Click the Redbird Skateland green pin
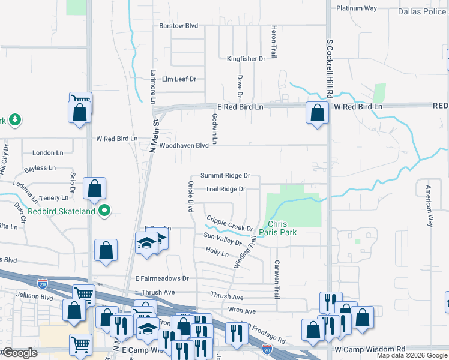[x=105, y=211]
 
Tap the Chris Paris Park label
[x=277, y=227]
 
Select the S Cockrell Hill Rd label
[x=330, y=70]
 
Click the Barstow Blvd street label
[x=178, y=26]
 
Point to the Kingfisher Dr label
[x=246, y=58]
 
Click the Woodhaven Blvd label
[x=184, y=145]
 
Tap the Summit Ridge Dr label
[x=224, y=175]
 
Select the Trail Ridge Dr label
[x=226, y=189]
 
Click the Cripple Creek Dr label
[x=230, y=224]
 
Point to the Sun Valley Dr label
[x=222, y=239]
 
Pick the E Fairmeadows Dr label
[x=162, y=278]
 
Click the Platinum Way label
[x=357, y=8]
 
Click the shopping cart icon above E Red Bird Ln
[x=80, y=101]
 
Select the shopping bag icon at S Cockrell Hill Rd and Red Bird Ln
[x=317, y=112]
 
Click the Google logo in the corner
[x=19, y=353]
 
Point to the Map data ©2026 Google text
[x=411, y=355]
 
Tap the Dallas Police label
[x=423, y=11]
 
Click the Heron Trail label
[x=274, y=41]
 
